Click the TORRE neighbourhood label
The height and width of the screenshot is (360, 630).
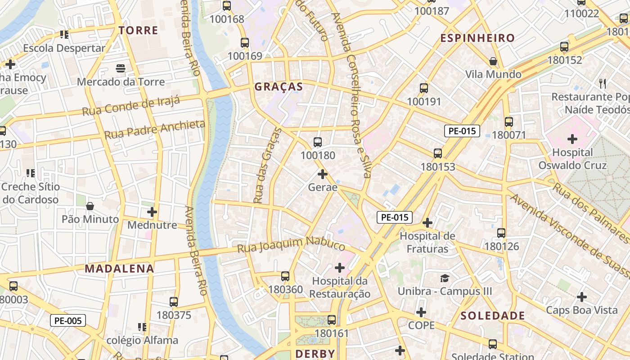point(138,31)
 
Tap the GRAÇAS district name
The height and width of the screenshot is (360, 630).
point(279,87)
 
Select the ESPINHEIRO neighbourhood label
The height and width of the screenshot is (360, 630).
point(477,38)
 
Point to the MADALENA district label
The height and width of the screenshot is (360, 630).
point(119,269)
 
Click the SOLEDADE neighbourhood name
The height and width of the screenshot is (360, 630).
point(493,316)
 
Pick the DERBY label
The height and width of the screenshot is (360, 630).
point(315,354)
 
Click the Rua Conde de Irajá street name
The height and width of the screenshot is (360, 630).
point(131,106)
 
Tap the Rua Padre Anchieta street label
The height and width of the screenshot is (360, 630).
point(155,129)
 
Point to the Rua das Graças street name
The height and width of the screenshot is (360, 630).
point(267,166)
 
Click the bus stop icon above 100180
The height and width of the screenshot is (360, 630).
point(318,142)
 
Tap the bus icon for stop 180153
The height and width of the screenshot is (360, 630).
point(438,153)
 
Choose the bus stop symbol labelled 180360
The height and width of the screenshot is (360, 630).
point(285,276)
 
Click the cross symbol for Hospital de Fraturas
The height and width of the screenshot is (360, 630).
point(427,222)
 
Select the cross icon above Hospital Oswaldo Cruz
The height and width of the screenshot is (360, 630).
point(572,139)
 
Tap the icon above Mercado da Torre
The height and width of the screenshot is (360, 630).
point(120,68)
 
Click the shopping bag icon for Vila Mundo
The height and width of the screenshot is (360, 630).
point(493,61)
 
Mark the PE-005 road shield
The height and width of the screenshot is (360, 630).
point(67,320)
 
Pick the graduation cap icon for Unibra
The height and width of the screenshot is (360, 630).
point(445,278)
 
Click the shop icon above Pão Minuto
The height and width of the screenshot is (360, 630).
point(90,206)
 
